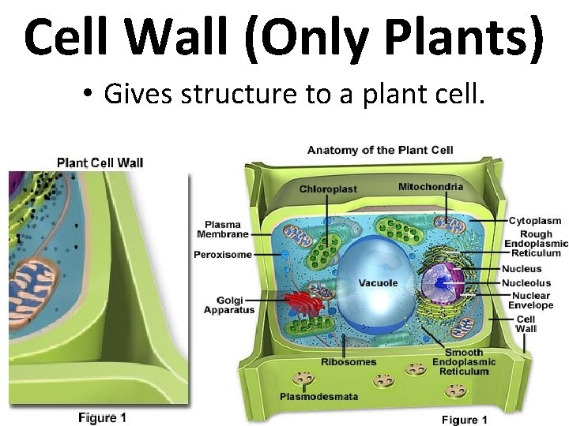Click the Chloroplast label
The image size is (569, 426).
328,189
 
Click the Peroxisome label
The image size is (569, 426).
223,255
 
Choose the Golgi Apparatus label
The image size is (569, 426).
229,305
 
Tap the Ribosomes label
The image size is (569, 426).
349,362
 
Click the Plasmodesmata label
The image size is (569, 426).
318,396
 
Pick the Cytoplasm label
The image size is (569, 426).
535,221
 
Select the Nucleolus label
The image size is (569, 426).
526,283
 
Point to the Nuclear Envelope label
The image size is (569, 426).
530,301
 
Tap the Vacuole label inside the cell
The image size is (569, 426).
378,283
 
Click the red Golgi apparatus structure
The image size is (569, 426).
300,301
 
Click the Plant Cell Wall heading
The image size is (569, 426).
100,163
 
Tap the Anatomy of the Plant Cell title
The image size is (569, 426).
380,150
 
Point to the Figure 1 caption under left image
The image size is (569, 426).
102,417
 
